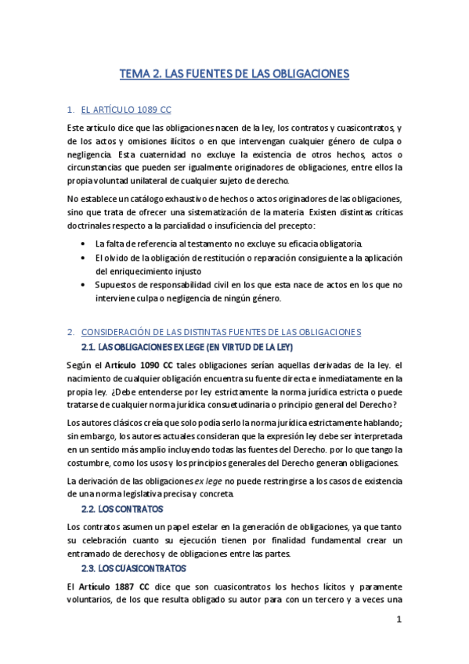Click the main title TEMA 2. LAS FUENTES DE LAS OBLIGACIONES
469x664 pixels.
(233, 74)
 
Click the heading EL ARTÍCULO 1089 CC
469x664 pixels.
(126, 110)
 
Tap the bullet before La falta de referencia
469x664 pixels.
(85, 243)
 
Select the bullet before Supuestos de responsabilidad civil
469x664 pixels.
(85, 285)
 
